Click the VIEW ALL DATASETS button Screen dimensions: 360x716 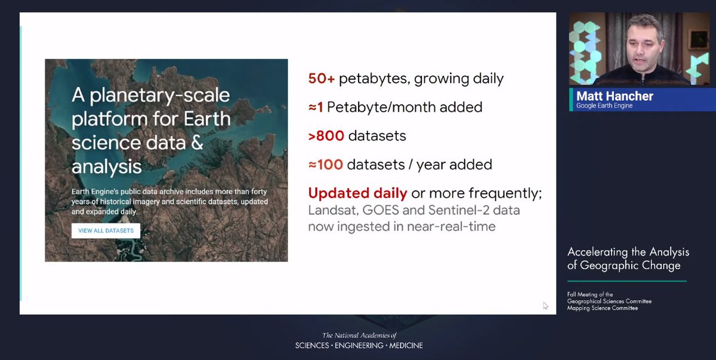106,230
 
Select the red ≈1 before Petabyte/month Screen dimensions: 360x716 315,107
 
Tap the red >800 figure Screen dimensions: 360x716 326,136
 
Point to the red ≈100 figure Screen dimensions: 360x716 325,164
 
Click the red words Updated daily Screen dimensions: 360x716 357,193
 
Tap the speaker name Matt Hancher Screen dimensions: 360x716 615,96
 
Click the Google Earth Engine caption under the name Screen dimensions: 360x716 604,106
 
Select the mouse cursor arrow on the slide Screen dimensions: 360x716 545,306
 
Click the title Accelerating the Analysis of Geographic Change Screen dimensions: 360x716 628,259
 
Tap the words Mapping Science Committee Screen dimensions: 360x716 602,308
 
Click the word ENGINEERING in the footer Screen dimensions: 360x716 359,346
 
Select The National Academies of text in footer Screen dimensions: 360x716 359,336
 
